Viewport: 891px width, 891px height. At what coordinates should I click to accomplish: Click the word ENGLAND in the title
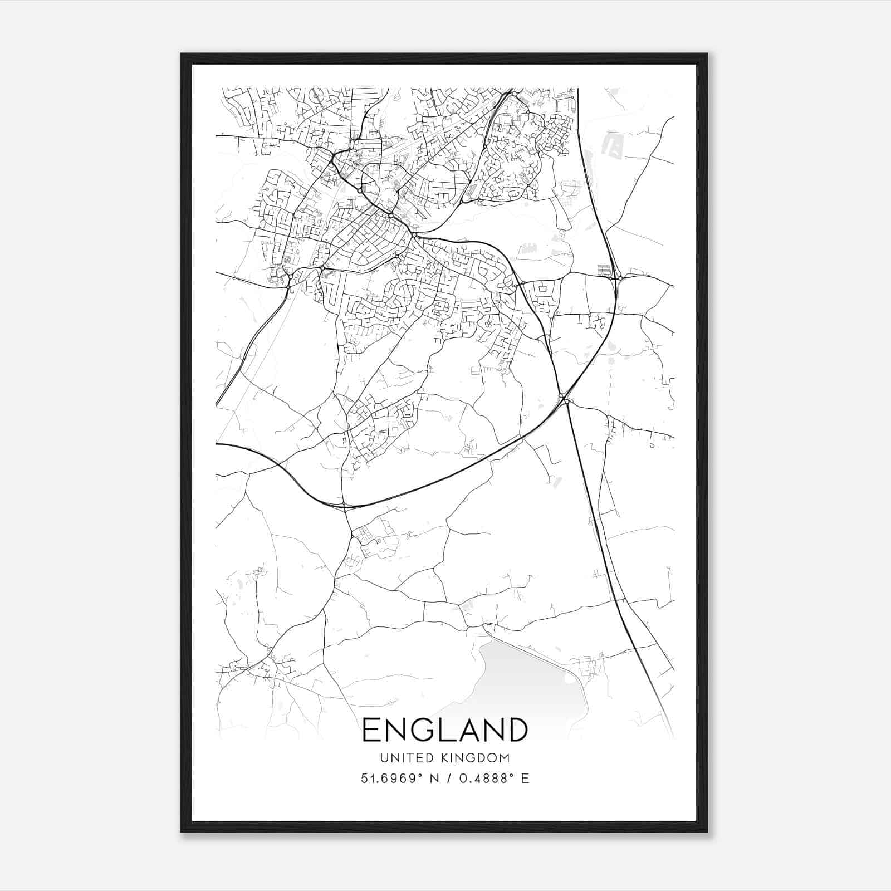tap(445, 730)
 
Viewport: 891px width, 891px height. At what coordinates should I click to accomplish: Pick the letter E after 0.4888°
tap(525, 778)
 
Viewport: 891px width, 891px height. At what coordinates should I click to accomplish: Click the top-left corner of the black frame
tap(182, 54)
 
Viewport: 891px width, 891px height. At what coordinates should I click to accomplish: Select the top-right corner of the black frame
tap(707, 54)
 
